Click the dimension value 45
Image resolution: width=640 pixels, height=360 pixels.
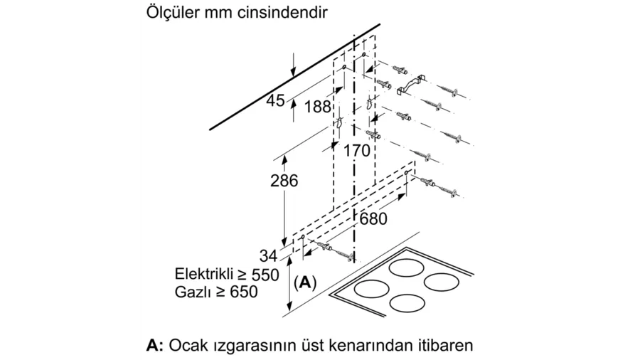pos(275,100)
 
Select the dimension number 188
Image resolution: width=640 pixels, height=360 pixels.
pos(318,107)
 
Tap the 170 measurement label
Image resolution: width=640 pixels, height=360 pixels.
pos(357,151)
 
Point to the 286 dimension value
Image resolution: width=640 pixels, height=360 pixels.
pos(284,181)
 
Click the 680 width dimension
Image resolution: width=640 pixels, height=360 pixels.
pos(373,219)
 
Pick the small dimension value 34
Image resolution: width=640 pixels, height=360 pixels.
pos(269,256)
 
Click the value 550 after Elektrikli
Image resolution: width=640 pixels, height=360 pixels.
pos(265,275)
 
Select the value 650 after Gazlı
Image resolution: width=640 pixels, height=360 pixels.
pos(244,292)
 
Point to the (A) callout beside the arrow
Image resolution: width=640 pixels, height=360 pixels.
pos(305,282)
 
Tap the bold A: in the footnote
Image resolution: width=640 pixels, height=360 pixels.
pos(155,346)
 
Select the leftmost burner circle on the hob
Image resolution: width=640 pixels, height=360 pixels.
pos(371,289)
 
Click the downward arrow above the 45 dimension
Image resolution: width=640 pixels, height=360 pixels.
pos(293,65)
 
